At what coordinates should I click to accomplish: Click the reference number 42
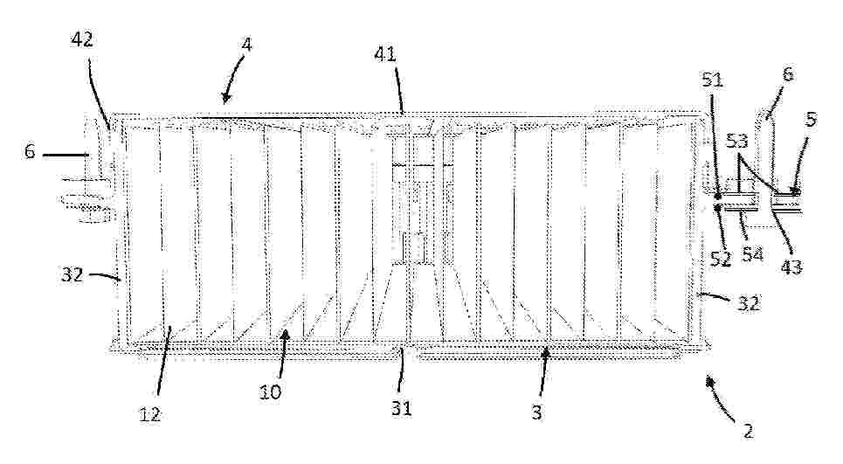(82, 39)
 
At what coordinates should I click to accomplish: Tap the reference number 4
(246, 45)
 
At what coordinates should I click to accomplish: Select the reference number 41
(385, 54)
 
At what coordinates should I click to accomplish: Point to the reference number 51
(712, 80)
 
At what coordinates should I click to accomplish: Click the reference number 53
(737, 142)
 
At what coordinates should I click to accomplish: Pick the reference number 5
(812, 120)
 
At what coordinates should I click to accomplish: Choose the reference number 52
(721, 259)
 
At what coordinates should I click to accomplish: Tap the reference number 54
(753, 253)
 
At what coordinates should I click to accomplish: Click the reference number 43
(791, 267)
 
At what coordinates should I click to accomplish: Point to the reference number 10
(271, 392)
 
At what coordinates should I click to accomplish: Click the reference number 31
(402, 408)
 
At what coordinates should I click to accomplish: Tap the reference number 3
(536, 412)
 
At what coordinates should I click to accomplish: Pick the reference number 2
(748, 431)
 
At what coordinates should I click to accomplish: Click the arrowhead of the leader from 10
(286, 335)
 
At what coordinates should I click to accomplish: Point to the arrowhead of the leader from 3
(546, 353)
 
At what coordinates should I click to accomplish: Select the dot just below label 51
(718, 197)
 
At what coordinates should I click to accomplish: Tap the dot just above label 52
(718, 206)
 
